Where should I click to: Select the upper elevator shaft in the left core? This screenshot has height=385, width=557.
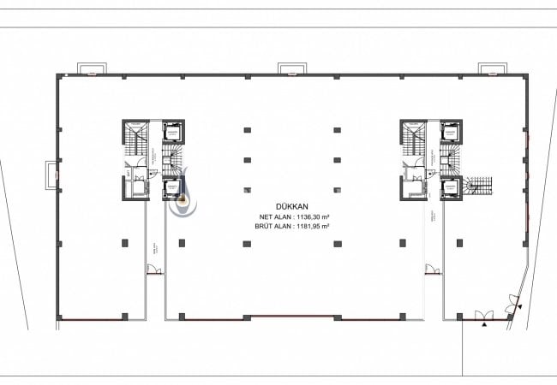coord(173,132)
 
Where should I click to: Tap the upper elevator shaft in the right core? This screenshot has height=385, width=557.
coord(449,132)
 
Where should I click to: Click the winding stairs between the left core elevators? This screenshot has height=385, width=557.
coord(174,157)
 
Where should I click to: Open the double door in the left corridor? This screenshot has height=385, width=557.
coord(154,270)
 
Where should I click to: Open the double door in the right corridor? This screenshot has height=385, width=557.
coord(433,270)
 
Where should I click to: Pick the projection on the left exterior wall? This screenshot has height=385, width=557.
coord(52,176)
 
